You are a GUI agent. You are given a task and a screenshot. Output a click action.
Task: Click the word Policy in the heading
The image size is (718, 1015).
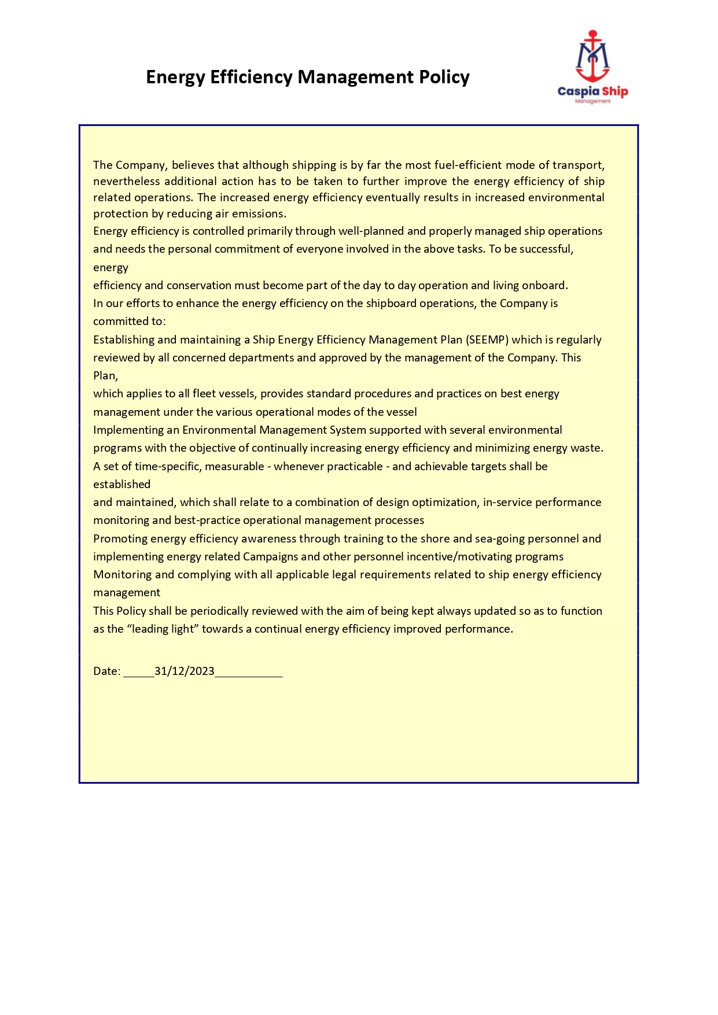pos(444,77)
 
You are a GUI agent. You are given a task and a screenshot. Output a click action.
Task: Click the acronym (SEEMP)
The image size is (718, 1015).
pos(487,340)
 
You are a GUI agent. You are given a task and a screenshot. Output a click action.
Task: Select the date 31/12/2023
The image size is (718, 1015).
pos(184,671)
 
